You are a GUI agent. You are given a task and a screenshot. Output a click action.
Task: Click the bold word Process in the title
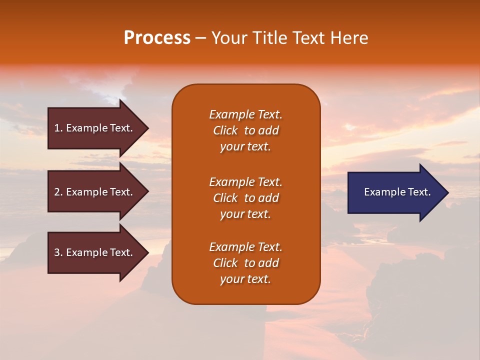point(157,38)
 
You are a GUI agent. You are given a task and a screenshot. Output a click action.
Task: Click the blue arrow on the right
point(395,192)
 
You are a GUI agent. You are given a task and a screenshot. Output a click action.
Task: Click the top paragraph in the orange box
point(245,130)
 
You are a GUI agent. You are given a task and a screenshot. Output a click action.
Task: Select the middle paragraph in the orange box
point(245,198)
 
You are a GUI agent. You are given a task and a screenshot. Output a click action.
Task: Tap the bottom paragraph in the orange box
point(245,263)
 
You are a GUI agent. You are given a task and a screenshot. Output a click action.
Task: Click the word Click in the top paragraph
point(225,130)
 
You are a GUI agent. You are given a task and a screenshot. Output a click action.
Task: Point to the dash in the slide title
point(200,38)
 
